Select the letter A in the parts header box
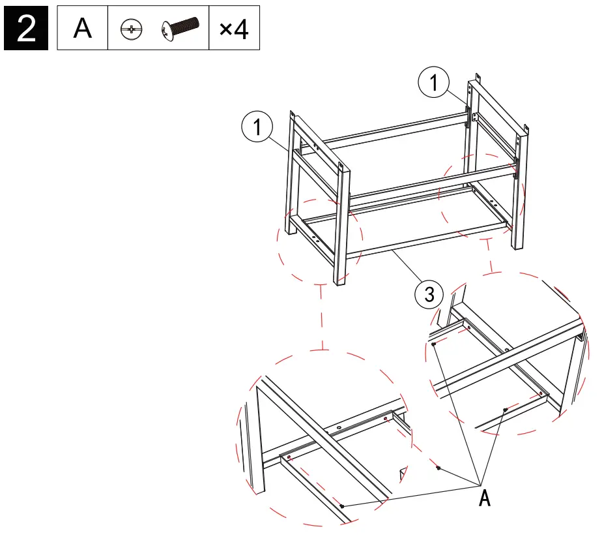tap(83, 29)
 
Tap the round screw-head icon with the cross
tap(131, 30)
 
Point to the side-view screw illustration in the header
tap(179, 29)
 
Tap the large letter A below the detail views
tap(484, 498)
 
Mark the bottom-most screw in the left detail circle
tap(342, 506)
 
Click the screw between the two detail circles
tap(439, 468)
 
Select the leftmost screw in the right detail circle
tap(434, 344)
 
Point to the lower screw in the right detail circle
tap(505, 409)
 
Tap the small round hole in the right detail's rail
tap(507, 350)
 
